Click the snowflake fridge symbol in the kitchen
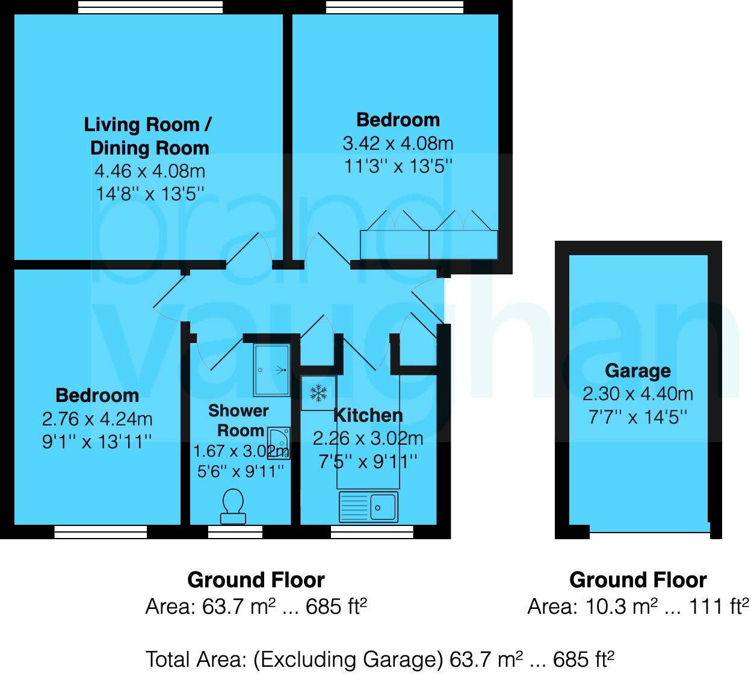click(318, 394)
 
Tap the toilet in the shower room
click(233, 505)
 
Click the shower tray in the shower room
click(271, 369)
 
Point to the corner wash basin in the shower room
click(280, 444)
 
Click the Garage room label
click(638, 371)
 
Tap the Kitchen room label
click(368, 415)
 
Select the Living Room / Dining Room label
click(148, 136)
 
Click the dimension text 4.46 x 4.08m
click(150, 171)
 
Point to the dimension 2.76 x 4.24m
click(97, 418)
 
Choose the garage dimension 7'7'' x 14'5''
click(638, 416)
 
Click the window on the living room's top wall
click(150, 7)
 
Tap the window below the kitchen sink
click(372, 531)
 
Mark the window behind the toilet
click(235, 531)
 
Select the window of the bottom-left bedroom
click(100, 531)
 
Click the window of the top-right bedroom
click(395, 7)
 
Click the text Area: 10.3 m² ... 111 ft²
click(638, 606)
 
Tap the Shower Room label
click(239, 421)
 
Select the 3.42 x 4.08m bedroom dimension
click(398, 143)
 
